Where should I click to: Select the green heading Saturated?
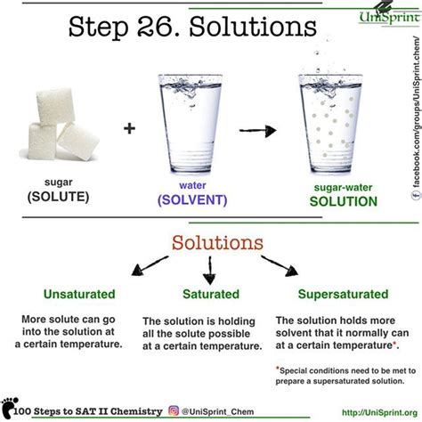point(210,294)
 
